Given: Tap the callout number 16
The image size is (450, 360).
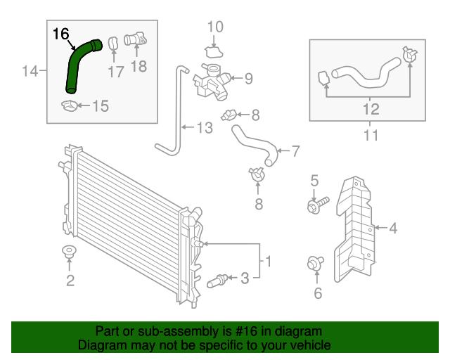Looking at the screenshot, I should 61,32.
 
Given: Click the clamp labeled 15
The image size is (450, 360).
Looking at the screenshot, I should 70,106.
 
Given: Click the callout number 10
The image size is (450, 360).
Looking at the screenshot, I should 214,27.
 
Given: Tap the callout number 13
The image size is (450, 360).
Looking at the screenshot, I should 203,128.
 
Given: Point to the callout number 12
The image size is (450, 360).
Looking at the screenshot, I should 371,109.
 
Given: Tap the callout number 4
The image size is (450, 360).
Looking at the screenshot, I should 393,228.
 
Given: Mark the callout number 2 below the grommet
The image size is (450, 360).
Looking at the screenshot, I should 70,282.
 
